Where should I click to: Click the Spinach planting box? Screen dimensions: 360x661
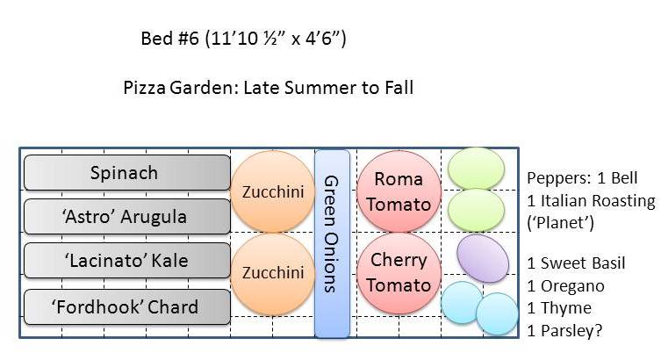point(125,173)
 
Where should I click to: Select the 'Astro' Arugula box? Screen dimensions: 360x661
point(125,216)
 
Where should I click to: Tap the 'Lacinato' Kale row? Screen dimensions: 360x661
point(125,261)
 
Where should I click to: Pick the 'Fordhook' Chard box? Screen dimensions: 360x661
point(125,306)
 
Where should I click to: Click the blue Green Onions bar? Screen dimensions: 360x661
point(332,243)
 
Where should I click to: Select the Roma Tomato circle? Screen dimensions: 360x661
point(398,191)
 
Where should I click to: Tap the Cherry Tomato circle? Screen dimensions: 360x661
point(398,272)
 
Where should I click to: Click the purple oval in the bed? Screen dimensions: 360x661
point(483,258)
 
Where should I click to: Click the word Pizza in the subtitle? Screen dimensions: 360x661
point(144,88)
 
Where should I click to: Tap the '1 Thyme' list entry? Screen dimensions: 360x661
point(559,308)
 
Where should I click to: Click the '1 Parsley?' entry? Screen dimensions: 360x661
point(565,331)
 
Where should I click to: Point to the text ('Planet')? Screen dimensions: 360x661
point(561,223)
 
